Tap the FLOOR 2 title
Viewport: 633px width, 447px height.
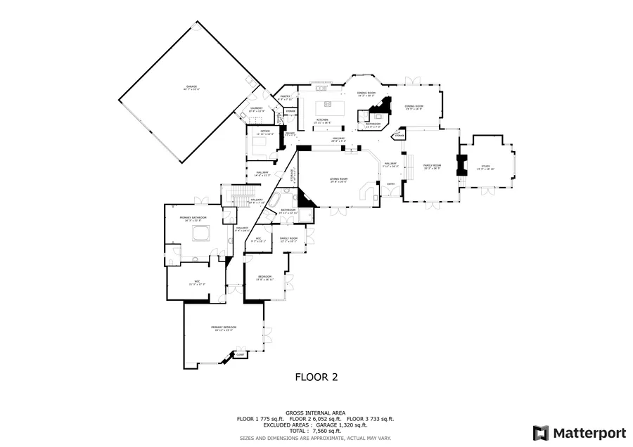[316, 377]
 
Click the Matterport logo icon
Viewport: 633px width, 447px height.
[540, 432]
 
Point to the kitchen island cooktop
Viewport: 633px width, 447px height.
[327, 108]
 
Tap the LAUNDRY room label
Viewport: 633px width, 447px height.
[256, 109]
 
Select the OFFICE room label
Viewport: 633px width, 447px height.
[265, 131]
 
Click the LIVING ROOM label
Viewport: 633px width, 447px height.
[339, 180]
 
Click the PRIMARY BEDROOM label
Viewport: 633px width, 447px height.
[224, 328]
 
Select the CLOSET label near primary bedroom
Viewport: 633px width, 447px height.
[240, 355]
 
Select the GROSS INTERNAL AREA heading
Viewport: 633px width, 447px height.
[315, 413]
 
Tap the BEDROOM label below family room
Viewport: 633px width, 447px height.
[264, 276]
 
